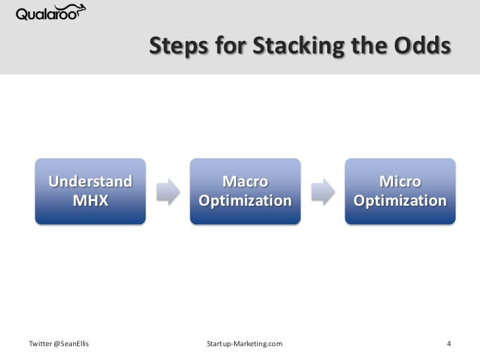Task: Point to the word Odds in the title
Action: coord(423,47)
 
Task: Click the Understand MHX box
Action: coord(90,191)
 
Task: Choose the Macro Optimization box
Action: coord(245,191)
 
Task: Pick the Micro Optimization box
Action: coord(400,191)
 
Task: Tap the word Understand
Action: coord(90,181)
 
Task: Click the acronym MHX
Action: coord(90,200)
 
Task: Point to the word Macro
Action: coord(245,181)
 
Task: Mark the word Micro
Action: coord(400,181)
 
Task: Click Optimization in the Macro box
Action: coord(245,200)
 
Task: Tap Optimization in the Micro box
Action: coord(400,200)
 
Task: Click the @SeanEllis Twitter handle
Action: coord(72,344)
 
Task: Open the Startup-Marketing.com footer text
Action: coord(245,344)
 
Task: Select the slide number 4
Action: coord(448,344)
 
